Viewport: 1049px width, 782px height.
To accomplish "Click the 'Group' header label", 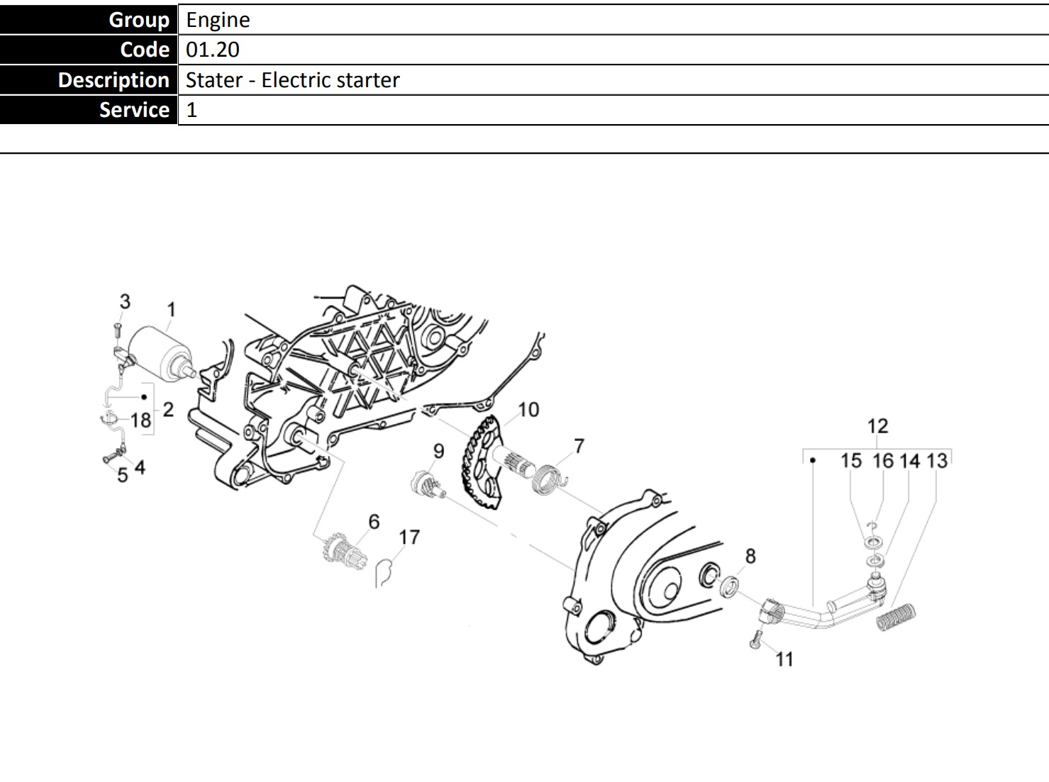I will point(139,19).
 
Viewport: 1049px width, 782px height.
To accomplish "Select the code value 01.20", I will point(213,50).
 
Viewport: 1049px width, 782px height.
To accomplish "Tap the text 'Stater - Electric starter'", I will point(292,80).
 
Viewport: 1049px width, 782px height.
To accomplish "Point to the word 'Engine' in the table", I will point(218,19).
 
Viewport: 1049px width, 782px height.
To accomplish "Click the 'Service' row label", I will point(134,110).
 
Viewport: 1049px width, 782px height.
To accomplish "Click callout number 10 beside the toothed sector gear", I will point(528,410).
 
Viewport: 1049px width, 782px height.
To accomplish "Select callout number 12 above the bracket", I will point(877,426).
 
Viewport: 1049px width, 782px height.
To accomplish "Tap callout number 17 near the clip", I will point(409,537).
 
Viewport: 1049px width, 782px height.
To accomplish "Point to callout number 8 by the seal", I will point(750,557).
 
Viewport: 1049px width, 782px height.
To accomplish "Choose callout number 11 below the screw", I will point(784,659).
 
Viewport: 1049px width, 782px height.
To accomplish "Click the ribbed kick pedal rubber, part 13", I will point(897,617).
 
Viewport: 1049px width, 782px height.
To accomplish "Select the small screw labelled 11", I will point(755,640).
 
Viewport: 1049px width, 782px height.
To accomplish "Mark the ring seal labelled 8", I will point(728,587).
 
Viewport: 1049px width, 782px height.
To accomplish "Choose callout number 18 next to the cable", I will point(140,420).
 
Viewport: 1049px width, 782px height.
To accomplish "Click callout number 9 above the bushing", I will point(439,451).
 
